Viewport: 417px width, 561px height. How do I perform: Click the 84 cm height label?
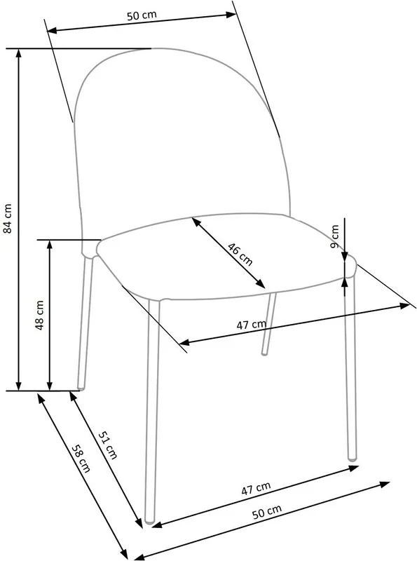click(8, 218)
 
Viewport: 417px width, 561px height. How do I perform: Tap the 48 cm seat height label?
click(39, 315)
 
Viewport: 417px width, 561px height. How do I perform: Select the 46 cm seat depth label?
click(240, 254)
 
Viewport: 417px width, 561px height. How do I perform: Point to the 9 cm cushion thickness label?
click(335, 236)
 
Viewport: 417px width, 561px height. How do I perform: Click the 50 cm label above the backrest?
click(142, 15)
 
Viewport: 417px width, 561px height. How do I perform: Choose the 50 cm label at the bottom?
click(267, 512)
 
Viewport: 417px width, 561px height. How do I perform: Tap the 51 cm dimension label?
click(108, 445)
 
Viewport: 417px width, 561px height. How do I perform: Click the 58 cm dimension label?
click(81, 459)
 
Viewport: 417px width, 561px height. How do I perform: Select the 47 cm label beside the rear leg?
click(252, 325)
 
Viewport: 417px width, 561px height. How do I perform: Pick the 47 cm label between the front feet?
click(256, 488)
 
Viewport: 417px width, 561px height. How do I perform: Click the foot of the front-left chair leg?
click(150, 522)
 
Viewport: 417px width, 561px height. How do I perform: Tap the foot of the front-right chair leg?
click(353, 458)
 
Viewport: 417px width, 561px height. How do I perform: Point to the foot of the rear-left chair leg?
click(81, 387)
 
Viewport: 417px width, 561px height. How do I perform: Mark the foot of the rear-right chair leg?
click(264, 353)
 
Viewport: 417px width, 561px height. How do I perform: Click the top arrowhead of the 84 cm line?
click(19, 53)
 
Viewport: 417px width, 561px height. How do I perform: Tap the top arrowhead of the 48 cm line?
click(50, 244)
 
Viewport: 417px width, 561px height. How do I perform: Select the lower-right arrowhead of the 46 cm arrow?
click(261, 284)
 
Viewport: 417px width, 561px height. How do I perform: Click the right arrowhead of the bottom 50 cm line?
click(385, 485)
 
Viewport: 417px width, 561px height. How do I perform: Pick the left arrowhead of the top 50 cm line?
click(53, 30)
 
